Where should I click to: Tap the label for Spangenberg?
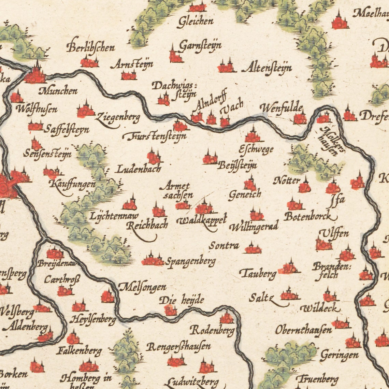(x=191, y=262)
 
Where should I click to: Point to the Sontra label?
(x=224, y=245)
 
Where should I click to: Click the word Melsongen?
(x=143, y=287)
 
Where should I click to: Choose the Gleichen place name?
(x=195, y=21)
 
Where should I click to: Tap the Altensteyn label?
(x=267, y=68)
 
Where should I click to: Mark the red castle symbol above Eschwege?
(x=253, y=136)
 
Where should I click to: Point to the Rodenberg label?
(x=212, y=330)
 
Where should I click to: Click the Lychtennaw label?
(x=114, y=216)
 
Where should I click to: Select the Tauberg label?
(x=258, y=273)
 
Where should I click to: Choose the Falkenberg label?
(x=79, y=351)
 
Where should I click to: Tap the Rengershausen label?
(x=178, y=347)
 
